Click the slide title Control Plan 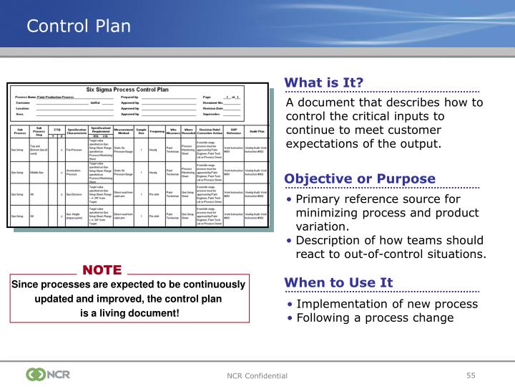pos(79,27)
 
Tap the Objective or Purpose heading pos(360,178)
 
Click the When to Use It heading pos(338,282)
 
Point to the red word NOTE pos(102,270)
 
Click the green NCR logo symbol pos(35,374)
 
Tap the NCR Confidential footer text pos(257,376)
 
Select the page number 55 pos(471,375)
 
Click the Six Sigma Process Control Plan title pos(127,90)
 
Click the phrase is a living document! pos(129,313)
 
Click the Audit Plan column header pos(256,131)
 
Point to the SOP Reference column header pos(233,131)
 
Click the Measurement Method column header pos(123,131)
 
